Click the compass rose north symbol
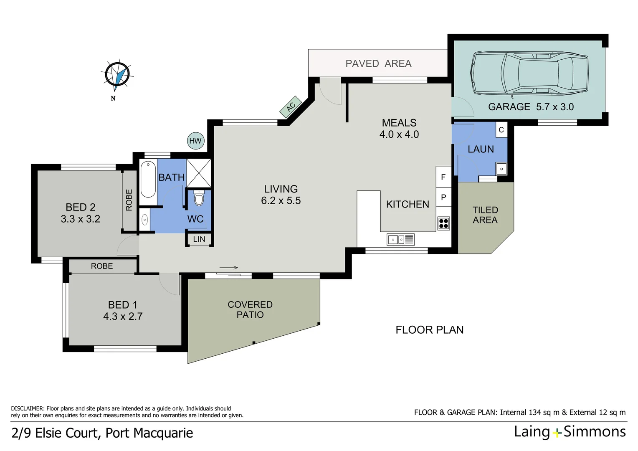click(117, 75)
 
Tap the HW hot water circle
click(195, 141)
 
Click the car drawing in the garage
click(530, 73)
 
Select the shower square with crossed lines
click(199, 173)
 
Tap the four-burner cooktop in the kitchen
click(443, 223)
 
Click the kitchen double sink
click(400, 240)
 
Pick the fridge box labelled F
click(443, 177)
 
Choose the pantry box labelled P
click(443, 197)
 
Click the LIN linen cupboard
click(199, 239)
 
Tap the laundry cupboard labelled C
click(501, 130)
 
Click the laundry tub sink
click(501, 169)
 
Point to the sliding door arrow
click(228, 268)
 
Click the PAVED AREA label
click(378, 63)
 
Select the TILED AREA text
click(485, 215)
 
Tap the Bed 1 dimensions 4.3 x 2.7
click(123, 317)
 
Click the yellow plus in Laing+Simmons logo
click(557, 433)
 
